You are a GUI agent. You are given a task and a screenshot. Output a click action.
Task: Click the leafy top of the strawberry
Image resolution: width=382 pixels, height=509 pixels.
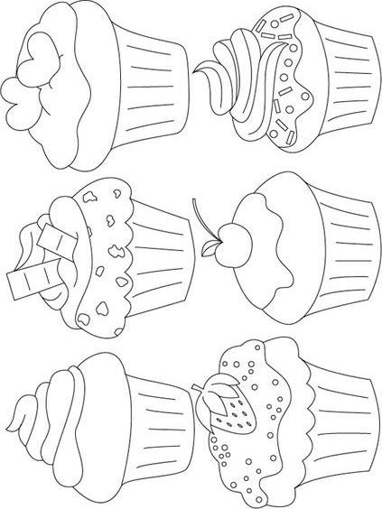[x=209, y=393]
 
